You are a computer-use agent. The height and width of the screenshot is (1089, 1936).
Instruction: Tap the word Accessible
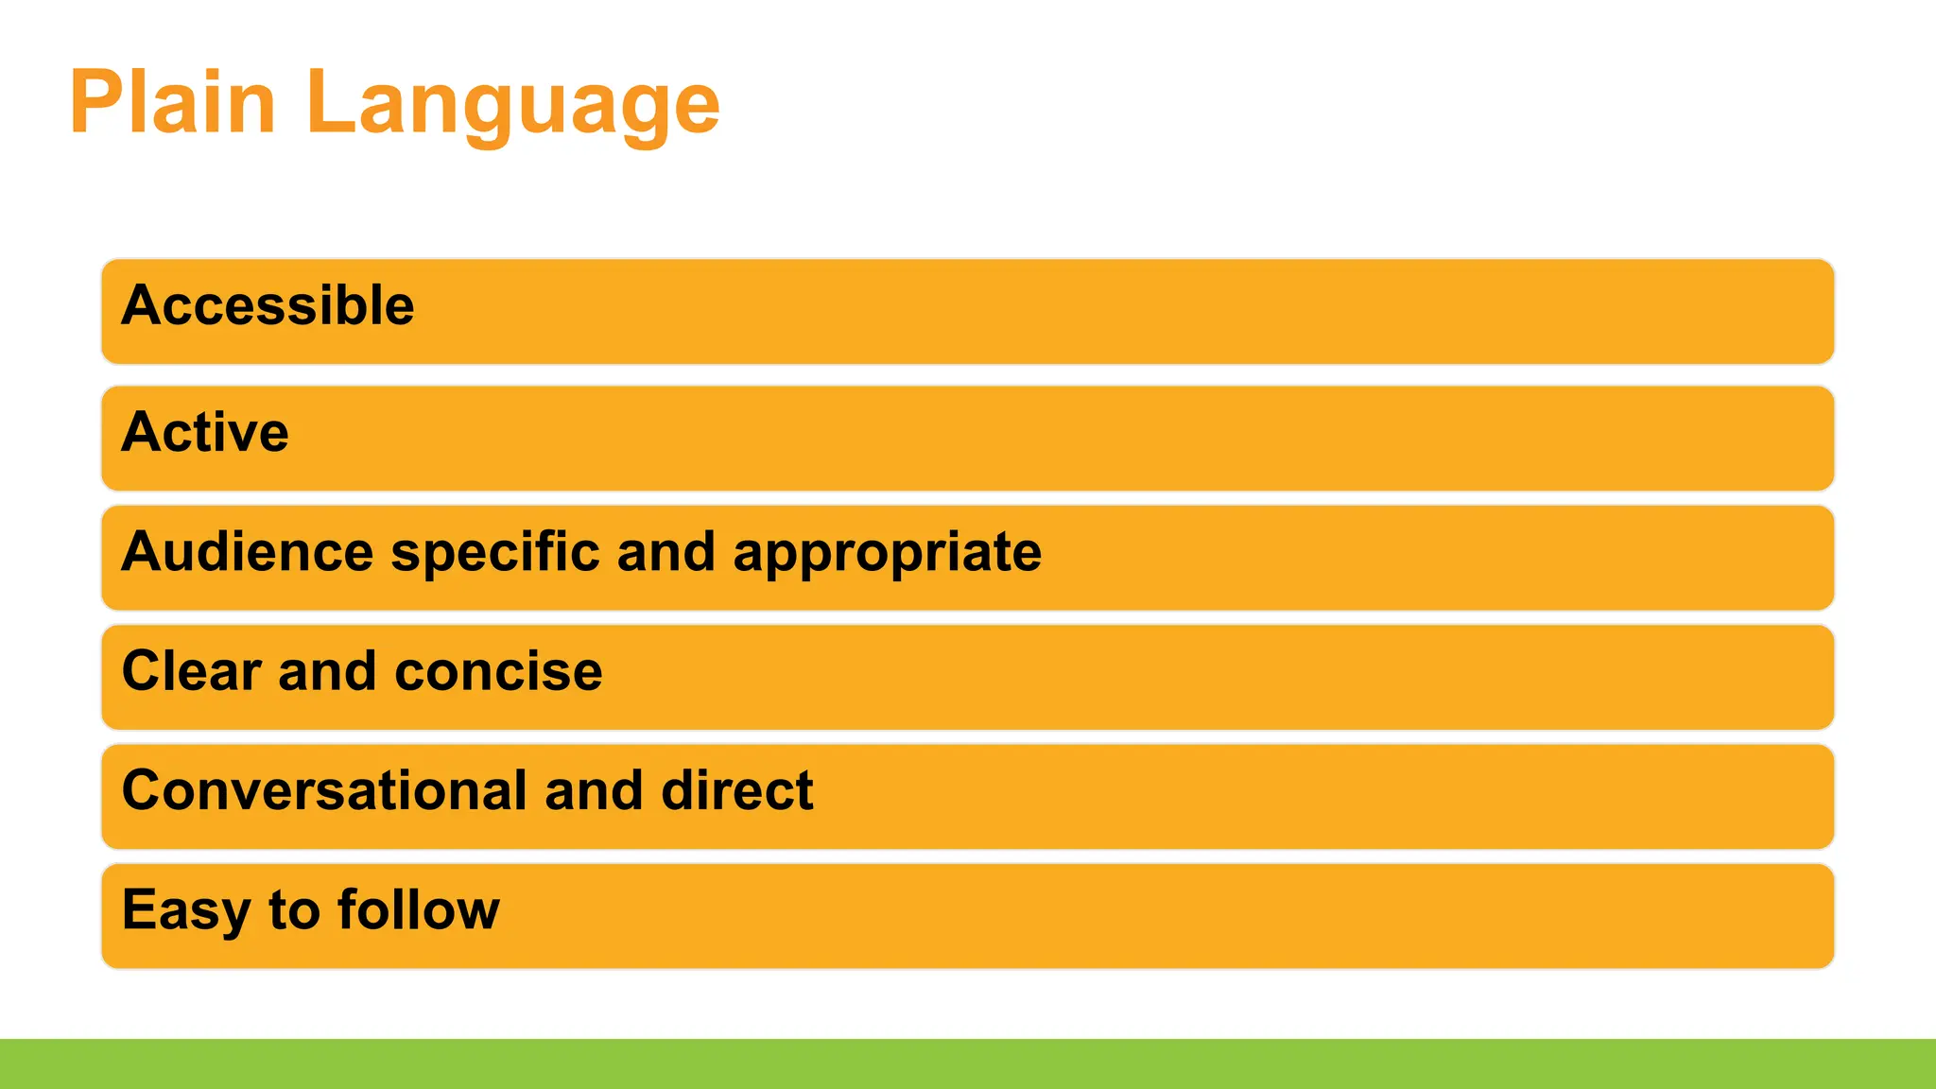(268, 305)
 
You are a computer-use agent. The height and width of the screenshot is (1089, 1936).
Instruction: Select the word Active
(205, 432)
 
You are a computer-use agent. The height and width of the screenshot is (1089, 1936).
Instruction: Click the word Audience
(248, 551)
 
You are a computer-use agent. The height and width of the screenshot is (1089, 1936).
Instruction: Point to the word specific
(494, 553)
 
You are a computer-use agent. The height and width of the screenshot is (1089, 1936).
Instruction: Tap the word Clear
(192, 671)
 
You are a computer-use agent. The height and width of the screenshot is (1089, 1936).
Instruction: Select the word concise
(498, 672)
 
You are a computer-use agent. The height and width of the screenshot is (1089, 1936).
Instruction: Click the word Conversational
(324, 790)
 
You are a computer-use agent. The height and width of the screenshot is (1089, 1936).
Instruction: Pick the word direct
(736, 790)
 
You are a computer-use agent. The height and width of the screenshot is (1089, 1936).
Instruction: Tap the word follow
(419, 909)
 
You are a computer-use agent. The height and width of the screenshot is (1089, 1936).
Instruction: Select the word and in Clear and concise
(327, 671)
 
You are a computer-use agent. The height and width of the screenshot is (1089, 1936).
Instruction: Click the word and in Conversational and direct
(594, 790)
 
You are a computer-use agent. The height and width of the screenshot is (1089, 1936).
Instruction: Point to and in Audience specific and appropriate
(665, 551)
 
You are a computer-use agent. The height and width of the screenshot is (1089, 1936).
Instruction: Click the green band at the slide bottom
(968, 1063)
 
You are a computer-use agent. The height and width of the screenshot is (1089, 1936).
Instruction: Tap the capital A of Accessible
(141, 305)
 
